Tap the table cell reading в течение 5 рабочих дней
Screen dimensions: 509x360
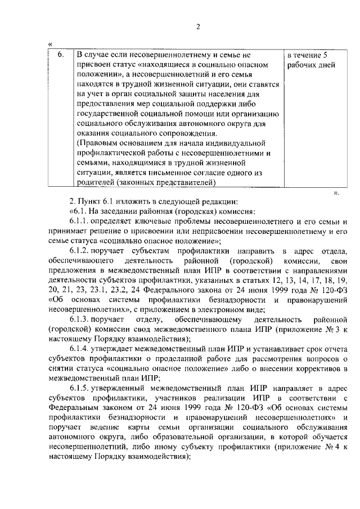311,60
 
